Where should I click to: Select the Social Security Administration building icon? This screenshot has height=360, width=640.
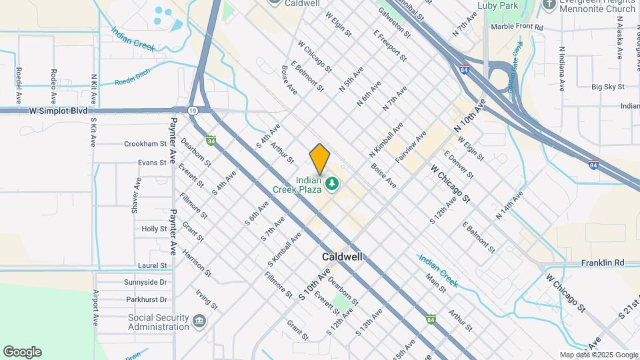click(199, 322)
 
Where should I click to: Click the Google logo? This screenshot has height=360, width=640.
click(22, 352)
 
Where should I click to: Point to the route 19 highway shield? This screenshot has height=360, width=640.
click(192, 111)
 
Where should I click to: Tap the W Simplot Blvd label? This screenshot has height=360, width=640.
click(59, 111)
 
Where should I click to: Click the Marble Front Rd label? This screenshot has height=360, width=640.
click(517, 27)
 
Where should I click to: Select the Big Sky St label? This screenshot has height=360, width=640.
click(607, 87)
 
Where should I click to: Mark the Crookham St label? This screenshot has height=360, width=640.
click(145, 143)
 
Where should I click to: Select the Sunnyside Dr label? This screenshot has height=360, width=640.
click(145, 282)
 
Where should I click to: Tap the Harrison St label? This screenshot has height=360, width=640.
click(197, 264)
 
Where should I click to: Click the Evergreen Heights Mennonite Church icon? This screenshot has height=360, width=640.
click(549, 5)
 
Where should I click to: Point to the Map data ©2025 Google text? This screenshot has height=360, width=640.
click(598, 355)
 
